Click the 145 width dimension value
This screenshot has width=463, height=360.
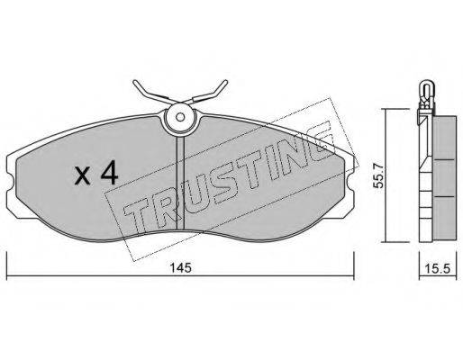pyautogui.click(x=181, y=267)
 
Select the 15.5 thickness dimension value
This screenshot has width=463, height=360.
pyautogui.click(x=438, y=268)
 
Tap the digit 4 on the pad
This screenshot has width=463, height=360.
pyautogui.click(x=109, y=172)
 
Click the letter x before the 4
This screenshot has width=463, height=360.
pyautogui.click(x=82, y=175)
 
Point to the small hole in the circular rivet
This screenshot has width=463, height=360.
pyautogui.click(x=180, y=117)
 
